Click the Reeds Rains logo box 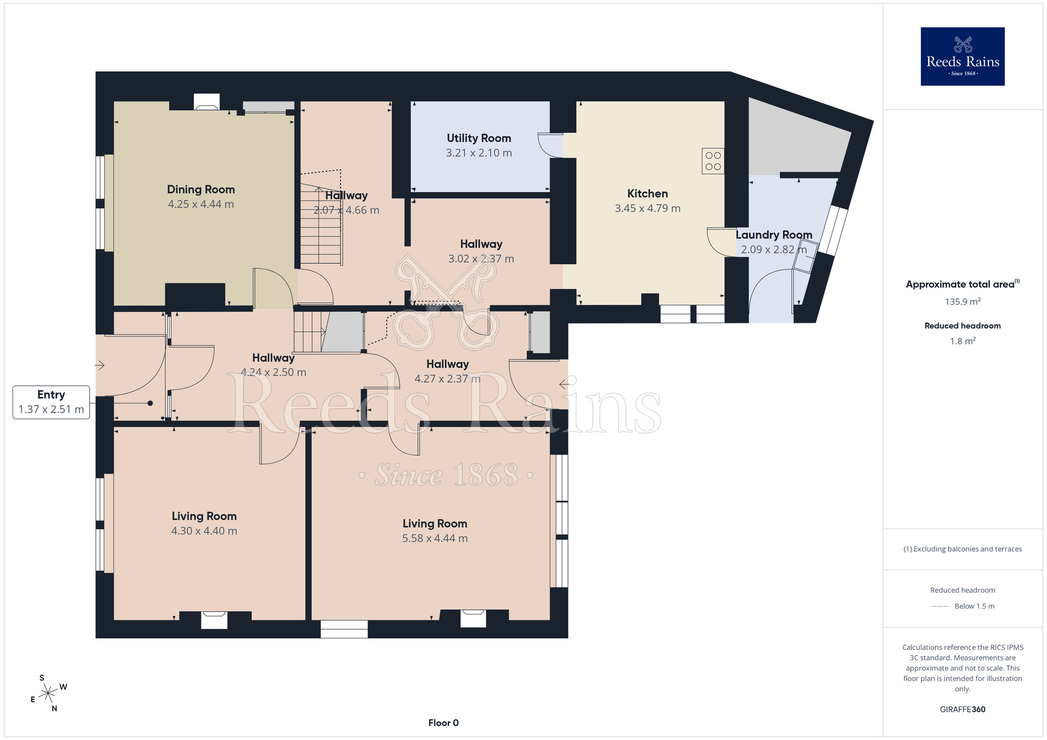962,57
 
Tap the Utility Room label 478,138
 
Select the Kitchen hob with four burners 712,161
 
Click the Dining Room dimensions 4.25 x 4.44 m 201,205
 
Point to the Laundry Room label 774,235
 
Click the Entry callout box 51,402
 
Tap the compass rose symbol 48,693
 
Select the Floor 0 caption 443,723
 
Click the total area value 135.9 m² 962,302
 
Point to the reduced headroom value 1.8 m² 962,341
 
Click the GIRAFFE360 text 962,710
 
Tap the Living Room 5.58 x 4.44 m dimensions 435,539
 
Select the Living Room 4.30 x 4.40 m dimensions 204,531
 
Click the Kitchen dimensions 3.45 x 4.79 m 647,208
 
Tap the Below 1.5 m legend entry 974,607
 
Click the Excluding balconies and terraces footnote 962,549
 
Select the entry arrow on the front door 100,365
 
